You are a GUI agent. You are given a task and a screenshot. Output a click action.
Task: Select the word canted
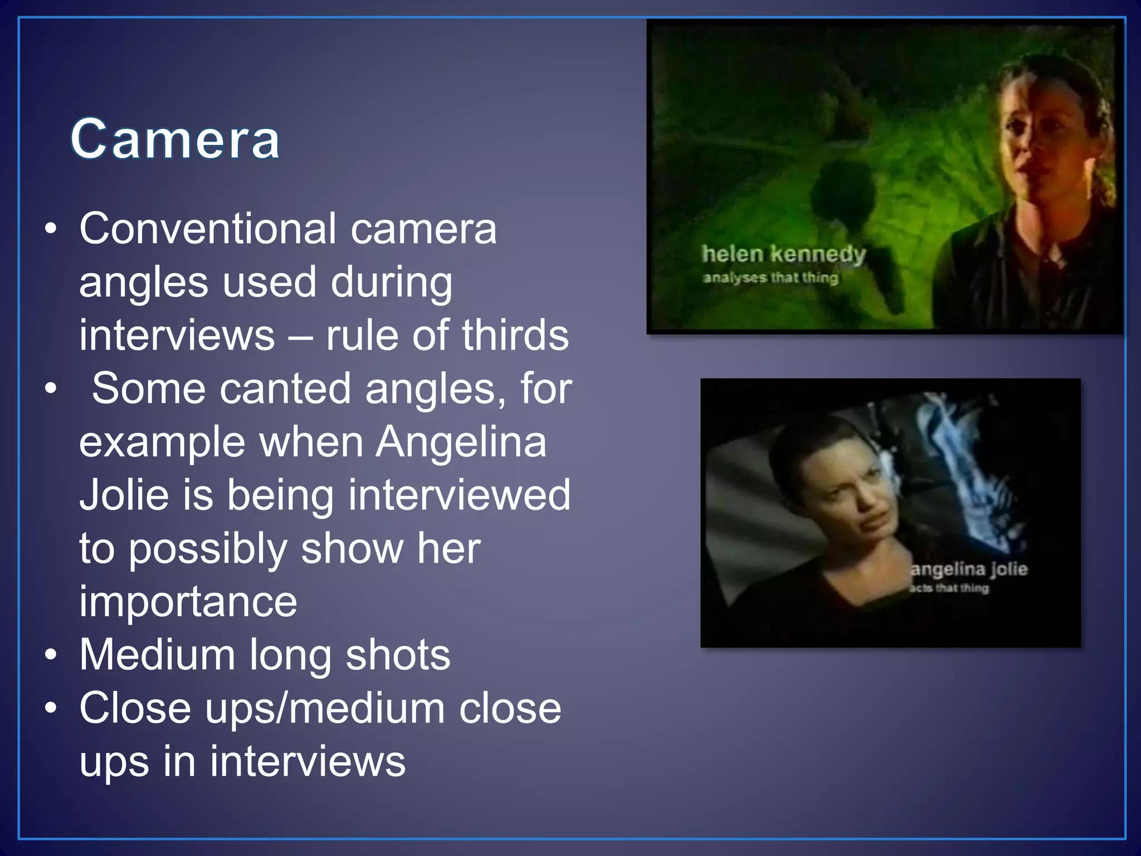pyautogui.click(x=285, y=388)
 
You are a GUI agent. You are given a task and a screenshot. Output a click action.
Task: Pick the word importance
pyautogui.click(x=188, y=601)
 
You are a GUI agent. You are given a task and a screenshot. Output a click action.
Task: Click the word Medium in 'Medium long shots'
pyautogui.click(x=157, y=655)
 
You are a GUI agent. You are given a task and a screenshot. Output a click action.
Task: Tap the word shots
pyautogui.click(x=398, y=655)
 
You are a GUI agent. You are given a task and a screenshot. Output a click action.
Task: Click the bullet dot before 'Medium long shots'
pyautogui.click(x=51, y=656)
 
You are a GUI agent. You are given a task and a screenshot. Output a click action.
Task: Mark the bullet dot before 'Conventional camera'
pyautogui.click(x=51, y=230)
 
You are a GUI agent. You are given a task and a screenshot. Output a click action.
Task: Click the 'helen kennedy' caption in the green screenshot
pyautogui.click(x=783, y=254)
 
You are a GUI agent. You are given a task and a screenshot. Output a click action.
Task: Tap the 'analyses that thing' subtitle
pyautogui.click(x=770, y=278)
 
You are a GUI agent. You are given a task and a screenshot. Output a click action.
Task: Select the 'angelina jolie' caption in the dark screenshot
pyautogui.click(x=969, y=569)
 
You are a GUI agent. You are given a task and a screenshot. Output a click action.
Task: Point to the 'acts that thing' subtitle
pyautogui.click(x=949, y=588)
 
